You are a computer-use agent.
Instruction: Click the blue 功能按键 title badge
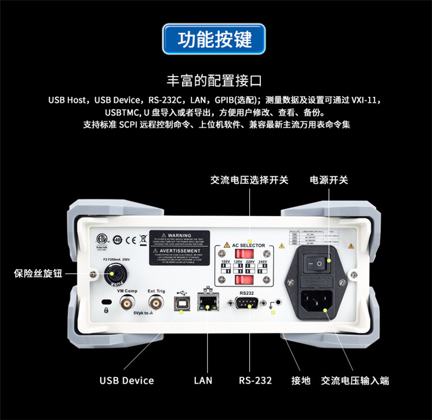[x=215, y=39]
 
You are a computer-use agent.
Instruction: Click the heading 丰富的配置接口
[x=215, y=80]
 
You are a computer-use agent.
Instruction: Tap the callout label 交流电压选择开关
[x=249, y=180]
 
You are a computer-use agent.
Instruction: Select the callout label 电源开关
[x=329, y=180]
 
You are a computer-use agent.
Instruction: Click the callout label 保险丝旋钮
[x=38, y=274]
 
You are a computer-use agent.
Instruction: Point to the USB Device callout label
[x=127, y=380]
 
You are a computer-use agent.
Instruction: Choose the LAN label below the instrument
[x=203, y=380]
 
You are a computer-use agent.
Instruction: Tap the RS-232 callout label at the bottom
[x=255, y=380]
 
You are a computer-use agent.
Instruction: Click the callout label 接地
[x=301, y=380]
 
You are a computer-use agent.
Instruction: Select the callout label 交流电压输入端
[x=355, y=380]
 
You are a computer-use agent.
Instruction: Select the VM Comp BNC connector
[x=127, y=304]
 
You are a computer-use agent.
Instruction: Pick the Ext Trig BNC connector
[x=156, y=304]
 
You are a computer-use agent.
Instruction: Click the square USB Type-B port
[x=181, y=305]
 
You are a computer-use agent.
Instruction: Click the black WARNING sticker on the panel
[x=180, y=248]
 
